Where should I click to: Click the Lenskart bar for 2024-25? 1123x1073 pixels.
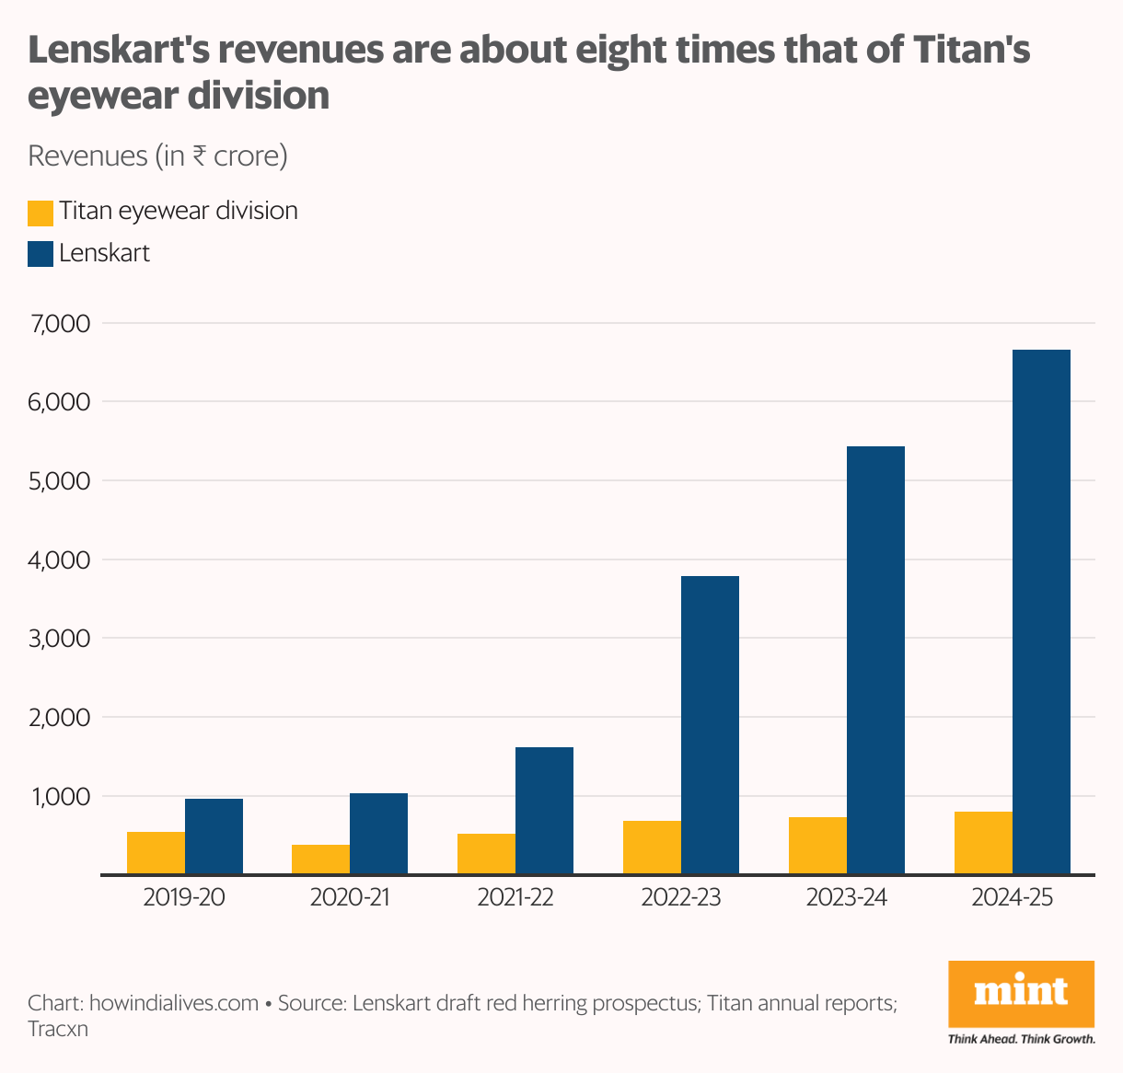1041,612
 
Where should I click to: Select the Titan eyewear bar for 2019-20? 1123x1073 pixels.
156,853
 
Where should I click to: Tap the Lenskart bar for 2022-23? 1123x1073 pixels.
710,725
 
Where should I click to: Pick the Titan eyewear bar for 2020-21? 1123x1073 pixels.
320,860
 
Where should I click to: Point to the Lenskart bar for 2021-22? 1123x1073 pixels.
544,811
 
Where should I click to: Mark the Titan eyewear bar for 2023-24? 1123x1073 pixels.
817,846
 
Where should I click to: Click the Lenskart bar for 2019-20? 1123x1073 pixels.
214,836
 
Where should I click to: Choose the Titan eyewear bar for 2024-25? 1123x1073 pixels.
983,843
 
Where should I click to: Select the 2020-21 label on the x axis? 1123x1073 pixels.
350,897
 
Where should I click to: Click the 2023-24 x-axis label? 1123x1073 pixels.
847,897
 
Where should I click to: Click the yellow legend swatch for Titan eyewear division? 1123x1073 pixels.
41,213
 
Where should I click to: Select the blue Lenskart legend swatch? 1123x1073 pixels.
41,254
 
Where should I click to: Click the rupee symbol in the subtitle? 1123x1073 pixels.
199,156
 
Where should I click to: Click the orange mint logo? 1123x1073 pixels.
1021,994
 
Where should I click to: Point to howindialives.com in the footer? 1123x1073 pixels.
174,1003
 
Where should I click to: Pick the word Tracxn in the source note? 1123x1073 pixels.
58,1029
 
